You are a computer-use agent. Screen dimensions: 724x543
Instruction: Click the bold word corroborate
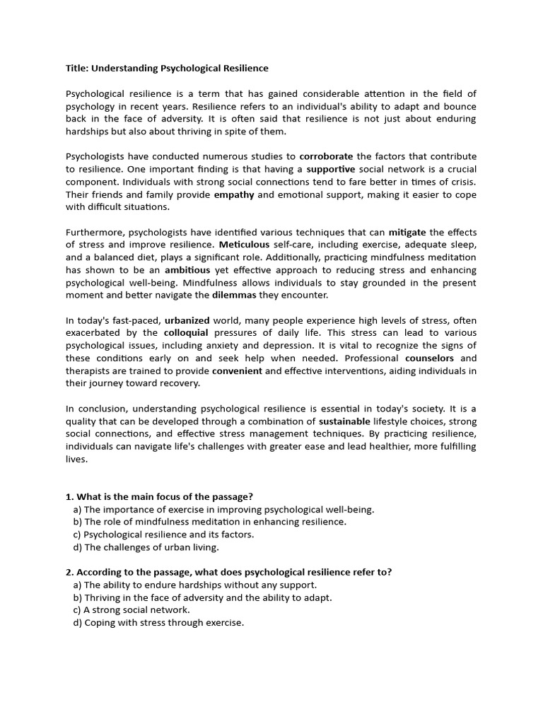[326, 156]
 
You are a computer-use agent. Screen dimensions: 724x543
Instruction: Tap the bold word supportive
[331, 169]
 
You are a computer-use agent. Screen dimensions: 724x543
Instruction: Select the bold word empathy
[234, 194]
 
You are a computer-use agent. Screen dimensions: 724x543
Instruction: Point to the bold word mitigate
[407, 232]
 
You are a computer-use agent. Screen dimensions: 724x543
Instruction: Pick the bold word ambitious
[187, 270]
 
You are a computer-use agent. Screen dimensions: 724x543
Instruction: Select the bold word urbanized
[191, 320]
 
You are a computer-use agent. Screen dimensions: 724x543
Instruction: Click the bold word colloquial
[186, 333]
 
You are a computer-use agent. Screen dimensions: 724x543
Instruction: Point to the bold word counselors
[429, 358]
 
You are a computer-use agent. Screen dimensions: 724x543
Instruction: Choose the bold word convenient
[237, 370]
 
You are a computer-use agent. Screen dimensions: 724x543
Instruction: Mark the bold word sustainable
[348, 421]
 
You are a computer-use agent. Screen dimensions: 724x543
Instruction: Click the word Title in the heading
[76, 69]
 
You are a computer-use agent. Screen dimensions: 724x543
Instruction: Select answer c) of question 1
[163, 535]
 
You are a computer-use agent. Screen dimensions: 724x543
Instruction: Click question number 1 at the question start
[69, 497]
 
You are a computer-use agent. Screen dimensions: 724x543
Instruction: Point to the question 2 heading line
[228, 572]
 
